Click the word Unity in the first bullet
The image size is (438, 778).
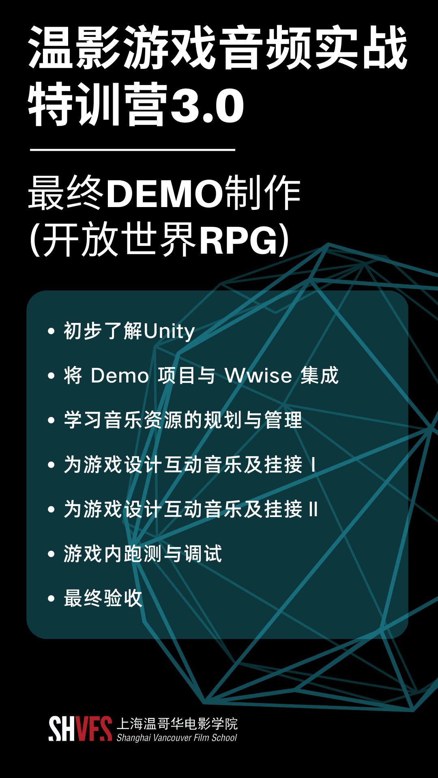pyautogui.click(x=169, y=331)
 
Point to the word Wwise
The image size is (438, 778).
pyautogui.click(x=258, y=376)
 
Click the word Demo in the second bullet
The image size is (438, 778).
pyautogui.click(x=120, y=376)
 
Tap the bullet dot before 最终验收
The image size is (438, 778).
pyautogui.click(x=51, y=598)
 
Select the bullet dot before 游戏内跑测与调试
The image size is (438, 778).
pyautogui.click(x=51, y=554)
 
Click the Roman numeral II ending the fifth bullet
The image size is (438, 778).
pyautogui.click(x=313, y=509)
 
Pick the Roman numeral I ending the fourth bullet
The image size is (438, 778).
pyautogui.click(x=313, y=465)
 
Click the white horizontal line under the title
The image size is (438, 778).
pyautogui.click(x=133, y=150)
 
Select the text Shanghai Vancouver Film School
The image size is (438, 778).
pyautogui.click(x=177, y=737)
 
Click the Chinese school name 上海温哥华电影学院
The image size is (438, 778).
pyautogui.click(x=177, y=724)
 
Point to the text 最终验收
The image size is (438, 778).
pyautogui.click(x=103, y=598)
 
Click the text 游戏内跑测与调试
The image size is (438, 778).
pyautogui.click(x=143, y=554)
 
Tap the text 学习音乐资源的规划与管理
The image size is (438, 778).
pyautogui.click(x=183, y=420)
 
